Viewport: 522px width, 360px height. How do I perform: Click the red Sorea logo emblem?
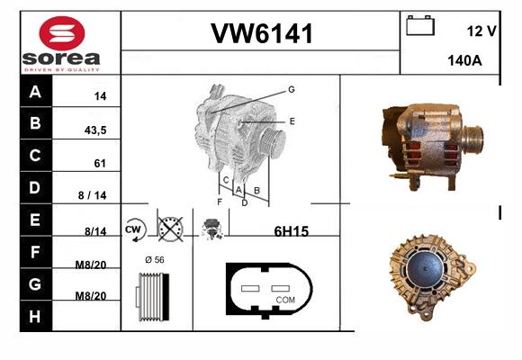[x=62, y=33]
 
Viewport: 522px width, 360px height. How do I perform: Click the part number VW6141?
[x=262, y=33]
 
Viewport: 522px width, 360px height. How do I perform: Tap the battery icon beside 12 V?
[x=420, y=25]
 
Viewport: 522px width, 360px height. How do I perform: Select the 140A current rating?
[x=464, y=60]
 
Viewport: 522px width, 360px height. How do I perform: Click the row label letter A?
[x=35, y=91]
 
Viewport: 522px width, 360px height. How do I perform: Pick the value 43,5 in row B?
[x=95, y=130]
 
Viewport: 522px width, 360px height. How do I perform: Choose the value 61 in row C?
[x=100, y=163]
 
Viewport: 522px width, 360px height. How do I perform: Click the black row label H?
[x=35, y=317]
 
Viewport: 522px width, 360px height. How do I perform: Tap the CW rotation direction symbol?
[x=134, y=229]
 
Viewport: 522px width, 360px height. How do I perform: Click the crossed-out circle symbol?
[x=170, y=229]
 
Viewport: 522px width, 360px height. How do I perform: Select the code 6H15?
[x=292, y=231]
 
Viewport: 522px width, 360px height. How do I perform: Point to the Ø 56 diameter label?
[x=155, y=260]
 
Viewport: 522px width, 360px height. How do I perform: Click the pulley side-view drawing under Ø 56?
[x=152, y=297]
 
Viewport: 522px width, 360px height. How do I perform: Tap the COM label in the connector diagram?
[x=285, y=300]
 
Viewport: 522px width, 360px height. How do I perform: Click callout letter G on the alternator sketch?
[x=292, y=89]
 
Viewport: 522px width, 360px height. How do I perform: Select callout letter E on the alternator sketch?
[x=292, y=121]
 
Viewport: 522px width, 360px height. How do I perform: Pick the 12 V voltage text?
[x=481, y=31]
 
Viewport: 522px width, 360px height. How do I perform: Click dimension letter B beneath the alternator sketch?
[x=256, y=191]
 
